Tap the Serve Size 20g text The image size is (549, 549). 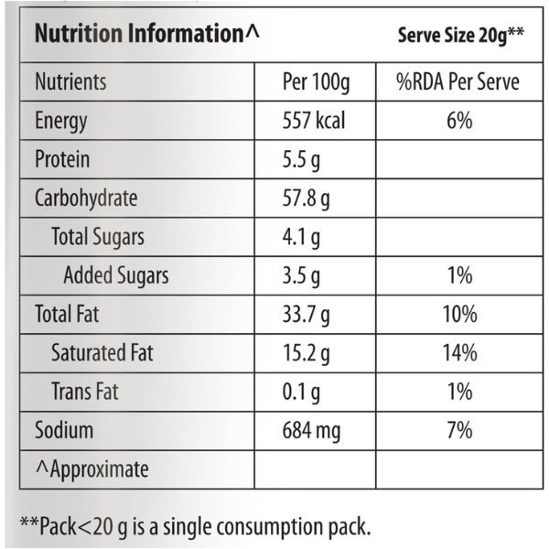click(460, 36)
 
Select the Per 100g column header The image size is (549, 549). click(317, 82)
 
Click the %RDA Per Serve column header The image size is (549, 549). click(457, 82)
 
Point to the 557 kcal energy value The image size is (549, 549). click(315, 121)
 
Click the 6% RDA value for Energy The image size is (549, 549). click(458, 121)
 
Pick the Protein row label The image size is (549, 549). click(62, 160)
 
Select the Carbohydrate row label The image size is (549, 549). click(86, 199)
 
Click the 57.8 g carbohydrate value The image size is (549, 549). click(307, 199)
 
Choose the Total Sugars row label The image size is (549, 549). click(98, 238)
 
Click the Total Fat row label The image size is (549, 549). click(67, 315)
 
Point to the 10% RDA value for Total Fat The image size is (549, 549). click(458, 315)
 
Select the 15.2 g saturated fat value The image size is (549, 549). click(307, 353)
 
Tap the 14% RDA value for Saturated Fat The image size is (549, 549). click(458, 353)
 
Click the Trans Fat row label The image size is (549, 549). click(85, 393)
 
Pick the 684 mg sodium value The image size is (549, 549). click(314, 431)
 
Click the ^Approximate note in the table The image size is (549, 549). click(91, 469)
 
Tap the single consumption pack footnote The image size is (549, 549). click(195, 525)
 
